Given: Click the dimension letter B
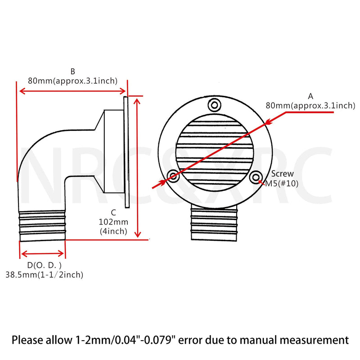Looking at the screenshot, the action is tap(72, 72).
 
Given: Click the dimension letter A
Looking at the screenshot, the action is tap(310, 96).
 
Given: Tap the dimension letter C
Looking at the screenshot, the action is tap(113, 212).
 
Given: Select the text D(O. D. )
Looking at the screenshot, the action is tap(45, 265).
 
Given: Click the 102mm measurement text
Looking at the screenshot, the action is tap(113, 222).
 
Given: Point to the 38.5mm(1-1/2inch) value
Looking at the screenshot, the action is tap(44, 274).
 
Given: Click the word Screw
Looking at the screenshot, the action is tap(283, 174).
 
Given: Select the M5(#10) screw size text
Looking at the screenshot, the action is tap(282, 184).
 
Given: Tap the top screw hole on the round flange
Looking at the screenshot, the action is tap(215, 105).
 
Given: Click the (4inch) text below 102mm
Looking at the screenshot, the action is tap(113, 231).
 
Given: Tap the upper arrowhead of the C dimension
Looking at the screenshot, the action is tap(137, 100).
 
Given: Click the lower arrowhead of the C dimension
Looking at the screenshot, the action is tap(138, 234).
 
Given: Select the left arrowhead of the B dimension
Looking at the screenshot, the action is tap(22, 91).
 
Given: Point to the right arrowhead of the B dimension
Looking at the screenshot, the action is tap(122, 91).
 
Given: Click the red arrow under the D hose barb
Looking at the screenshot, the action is tap(42, 254).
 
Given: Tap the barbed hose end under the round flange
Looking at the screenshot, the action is tap(214, 223).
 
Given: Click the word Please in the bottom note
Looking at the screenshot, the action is tap(27, 340).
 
